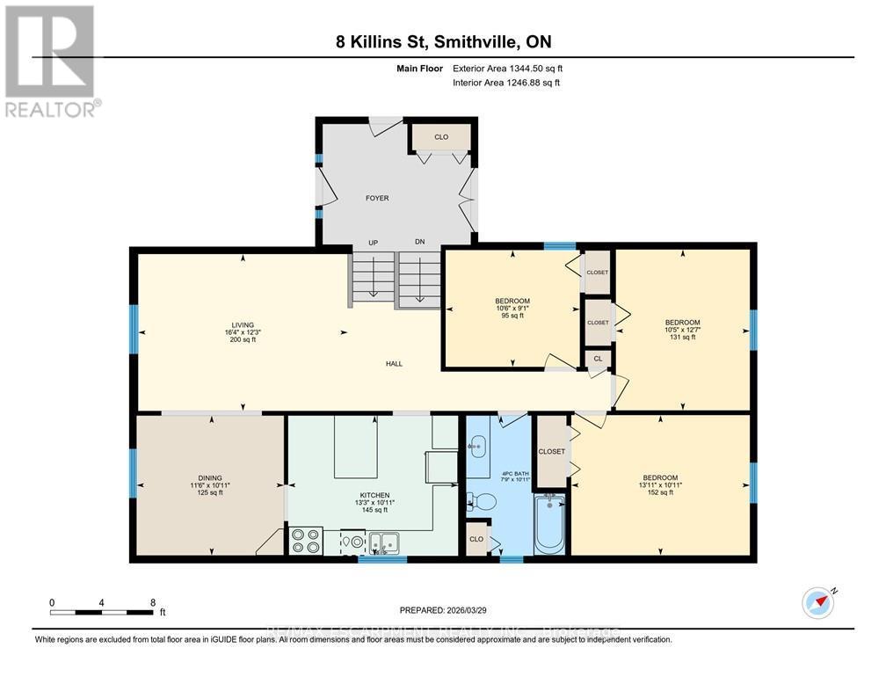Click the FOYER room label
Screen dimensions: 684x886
(x=377, y=198)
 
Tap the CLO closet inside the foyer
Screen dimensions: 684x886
(x=441, y=137)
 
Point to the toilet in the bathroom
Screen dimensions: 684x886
(x=482, y=502)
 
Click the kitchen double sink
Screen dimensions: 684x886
(x=384, y=541)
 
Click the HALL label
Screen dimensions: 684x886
(x=395, y=363)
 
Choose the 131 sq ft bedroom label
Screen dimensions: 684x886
(x=682, y=330)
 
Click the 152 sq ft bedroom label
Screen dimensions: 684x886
(x=660, y=484)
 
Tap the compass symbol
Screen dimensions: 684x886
(x=817, y=602)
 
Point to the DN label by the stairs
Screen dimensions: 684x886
(x=419, y=244)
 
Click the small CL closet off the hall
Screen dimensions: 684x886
(x=598, y=358)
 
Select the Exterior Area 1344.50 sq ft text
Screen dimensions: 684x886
(x=506, y=68)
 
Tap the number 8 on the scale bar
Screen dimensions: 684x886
(x=153, y=602)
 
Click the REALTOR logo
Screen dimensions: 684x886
(x=50, y=61)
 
